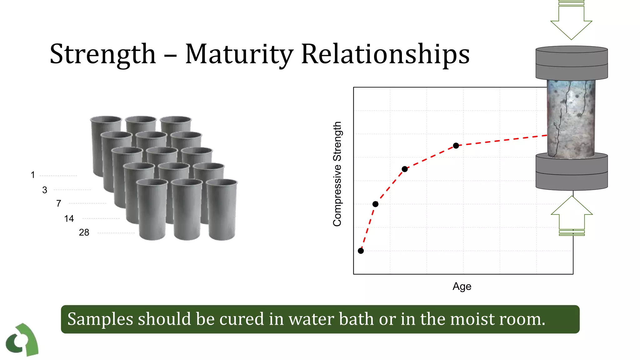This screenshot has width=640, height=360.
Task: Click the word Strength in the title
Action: point(102,54)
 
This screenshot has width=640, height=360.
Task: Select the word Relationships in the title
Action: point(385,54)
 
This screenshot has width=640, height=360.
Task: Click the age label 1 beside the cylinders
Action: point(33,175)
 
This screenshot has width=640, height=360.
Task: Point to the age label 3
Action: point(45,190)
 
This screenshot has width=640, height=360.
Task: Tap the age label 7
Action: point(58,203)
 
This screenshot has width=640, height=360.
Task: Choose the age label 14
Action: point(69,219)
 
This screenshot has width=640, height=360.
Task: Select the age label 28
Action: point(84,232)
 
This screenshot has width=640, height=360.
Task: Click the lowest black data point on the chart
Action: point(361,251)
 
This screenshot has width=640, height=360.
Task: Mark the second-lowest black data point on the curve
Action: point(375,204)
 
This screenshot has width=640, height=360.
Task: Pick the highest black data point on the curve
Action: point(456,146)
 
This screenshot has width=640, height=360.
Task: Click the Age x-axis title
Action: point(462,286)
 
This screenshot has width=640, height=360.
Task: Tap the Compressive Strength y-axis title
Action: point(337,174)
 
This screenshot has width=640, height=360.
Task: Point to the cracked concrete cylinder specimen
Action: point(571,119)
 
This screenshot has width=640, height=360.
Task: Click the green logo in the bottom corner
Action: point(22,340)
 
